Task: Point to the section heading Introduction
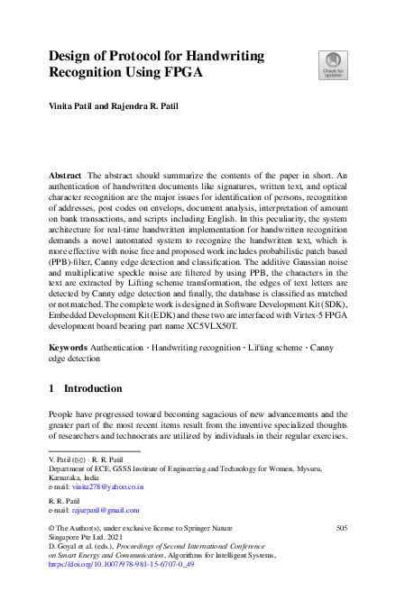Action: [x=92, y=388]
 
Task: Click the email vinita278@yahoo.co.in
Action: [x=107, y=486]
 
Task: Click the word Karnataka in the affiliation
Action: [x=66, y=477]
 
